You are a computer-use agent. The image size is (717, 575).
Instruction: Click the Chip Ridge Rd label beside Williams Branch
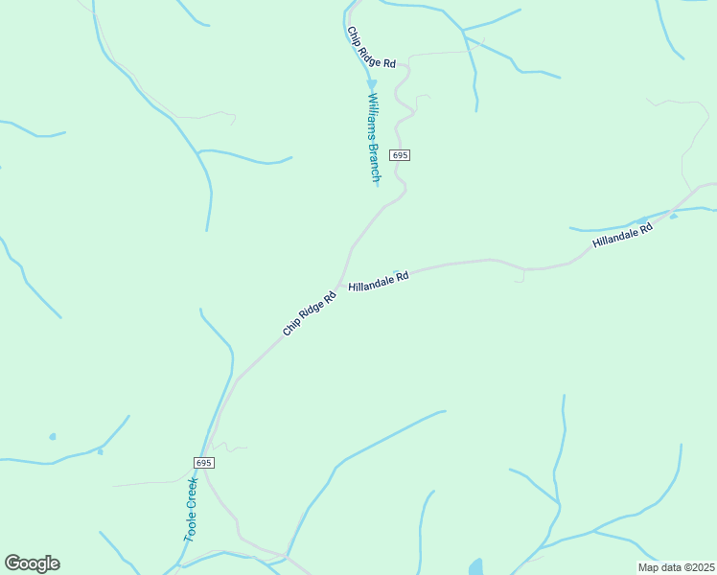click(370, 48)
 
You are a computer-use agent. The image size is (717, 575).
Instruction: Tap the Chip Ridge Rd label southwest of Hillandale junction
click(310, 312)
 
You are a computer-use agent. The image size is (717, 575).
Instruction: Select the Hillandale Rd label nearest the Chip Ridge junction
click(379, 281)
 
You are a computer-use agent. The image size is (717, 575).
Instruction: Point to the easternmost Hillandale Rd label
click(622, 235)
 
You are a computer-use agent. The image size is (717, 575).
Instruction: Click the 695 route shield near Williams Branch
click(400, 155)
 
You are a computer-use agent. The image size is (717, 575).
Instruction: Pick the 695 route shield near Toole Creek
click(203, 463)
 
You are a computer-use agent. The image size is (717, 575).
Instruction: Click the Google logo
click(32, 563)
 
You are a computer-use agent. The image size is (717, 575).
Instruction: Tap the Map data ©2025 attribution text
click(676, 567)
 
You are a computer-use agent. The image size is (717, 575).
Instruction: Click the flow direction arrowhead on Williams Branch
click(371, 84)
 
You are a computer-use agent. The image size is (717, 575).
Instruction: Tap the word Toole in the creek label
click(189, 526)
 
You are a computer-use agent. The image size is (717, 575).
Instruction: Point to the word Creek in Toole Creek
click(192, 494)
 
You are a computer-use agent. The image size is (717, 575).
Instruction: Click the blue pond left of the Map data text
click(475, 567)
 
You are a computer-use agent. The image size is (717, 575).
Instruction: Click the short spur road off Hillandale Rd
click(521, 276)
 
